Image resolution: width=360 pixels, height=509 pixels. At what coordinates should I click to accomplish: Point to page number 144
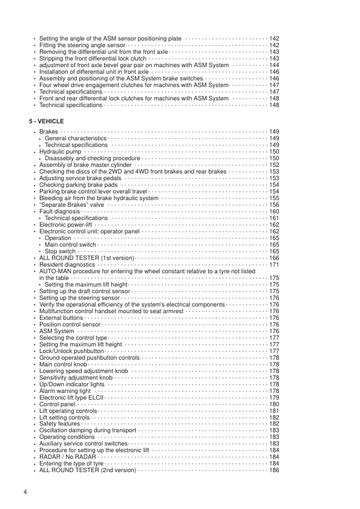(273, 65)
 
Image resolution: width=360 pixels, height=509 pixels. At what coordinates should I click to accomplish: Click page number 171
(273, 264)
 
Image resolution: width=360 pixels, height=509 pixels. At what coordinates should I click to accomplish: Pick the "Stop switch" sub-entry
(60, 251)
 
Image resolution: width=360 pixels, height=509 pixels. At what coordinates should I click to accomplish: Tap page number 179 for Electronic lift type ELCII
(273, 398)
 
